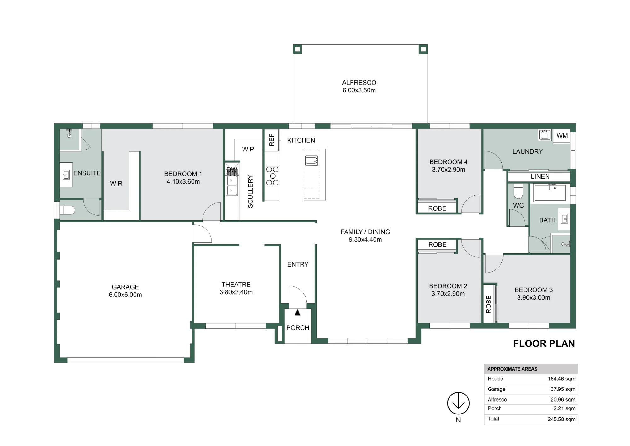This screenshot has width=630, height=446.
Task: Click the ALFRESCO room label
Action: click(359, 83)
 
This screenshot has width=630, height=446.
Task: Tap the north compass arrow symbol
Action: click(458, 403)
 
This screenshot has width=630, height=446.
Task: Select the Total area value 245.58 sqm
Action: click(561, 419)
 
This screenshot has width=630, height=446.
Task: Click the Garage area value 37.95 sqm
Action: click(563, 389)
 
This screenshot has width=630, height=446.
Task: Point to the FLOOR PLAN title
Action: click(544, 343)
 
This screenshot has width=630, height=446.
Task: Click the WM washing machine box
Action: click(562, 136)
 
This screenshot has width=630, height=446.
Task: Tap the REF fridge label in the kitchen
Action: click(272, 139)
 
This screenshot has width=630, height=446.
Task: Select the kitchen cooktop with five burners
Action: click(272, 176)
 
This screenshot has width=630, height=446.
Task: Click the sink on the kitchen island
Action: click(312, 161)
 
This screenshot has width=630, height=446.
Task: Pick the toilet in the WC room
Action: click(518, 190)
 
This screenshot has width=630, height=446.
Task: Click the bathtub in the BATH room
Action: click(550, 193)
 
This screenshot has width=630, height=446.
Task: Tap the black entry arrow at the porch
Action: click(297, 313)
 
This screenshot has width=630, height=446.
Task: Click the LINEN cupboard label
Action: click(540, 177)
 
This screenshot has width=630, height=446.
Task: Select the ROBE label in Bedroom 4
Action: click(437, 208)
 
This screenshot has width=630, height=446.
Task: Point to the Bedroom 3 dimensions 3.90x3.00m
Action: click(534, 298)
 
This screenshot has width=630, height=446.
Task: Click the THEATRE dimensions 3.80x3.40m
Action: click(236, 292)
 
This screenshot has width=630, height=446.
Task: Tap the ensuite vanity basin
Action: click(66, 174)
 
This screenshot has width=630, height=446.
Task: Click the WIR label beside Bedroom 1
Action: click(116, 184)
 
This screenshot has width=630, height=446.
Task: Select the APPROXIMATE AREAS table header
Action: click(513, 369)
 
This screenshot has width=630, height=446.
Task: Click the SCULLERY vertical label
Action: click(250, 191)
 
